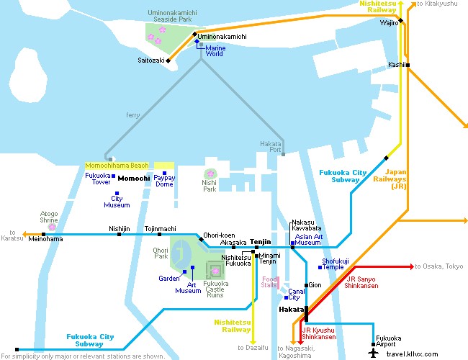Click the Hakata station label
(291, 309)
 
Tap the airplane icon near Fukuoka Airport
(373, 352)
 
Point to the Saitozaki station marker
(168, 60)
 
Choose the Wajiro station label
(389, 23)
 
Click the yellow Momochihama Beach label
(118, 166)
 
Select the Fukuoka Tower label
(98, 179)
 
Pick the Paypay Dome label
(164, 181)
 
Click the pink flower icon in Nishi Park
(210, 174)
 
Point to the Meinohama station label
(45, 239)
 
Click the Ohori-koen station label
(219, 235)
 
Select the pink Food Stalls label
(269, 282)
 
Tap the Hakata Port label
(270, 147)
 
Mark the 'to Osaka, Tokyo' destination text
(440, 266)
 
